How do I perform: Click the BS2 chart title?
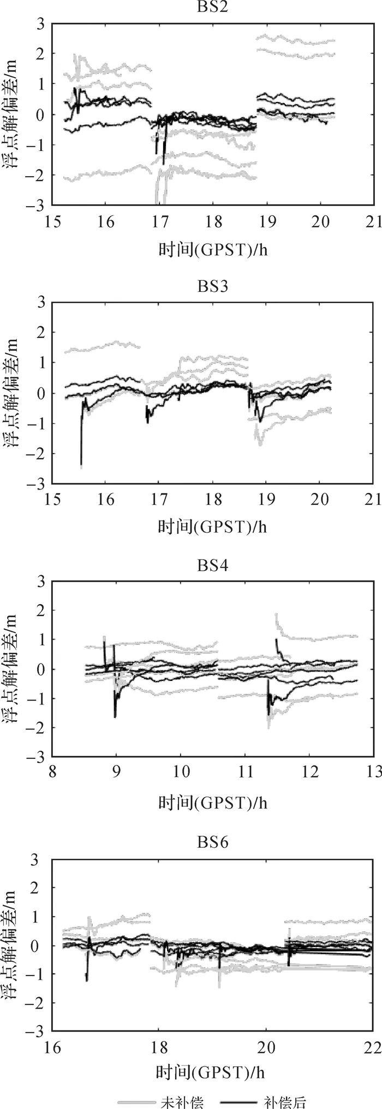point(212,7)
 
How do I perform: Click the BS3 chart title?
point(212,286)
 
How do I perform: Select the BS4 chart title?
point(212,566)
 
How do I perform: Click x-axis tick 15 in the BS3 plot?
point(52,500)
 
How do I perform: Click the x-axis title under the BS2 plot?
point(213,249)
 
